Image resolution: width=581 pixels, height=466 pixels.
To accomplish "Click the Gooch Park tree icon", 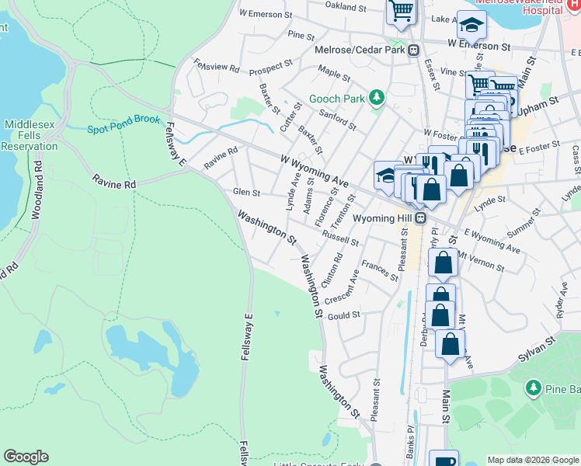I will pyautogui.click(x=377, y=98).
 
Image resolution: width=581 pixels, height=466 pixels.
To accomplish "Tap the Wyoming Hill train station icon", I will pyautogui.click(x=419, y=218).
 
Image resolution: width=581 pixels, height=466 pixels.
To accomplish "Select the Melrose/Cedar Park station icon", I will pyautogui.click(x=414, y=50).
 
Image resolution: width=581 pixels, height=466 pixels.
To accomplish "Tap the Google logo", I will pyautogui.click(x=26, y=457).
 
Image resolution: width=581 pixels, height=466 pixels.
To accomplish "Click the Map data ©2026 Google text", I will pyautogui.click(x=533, y=460).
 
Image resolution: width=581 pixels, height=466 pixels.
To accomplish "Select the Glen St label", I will pyautogui.click(x=246, y=192).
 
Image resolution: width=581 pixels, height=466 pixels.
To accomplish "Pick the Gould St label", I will pyautogui.click(x=344, y=315).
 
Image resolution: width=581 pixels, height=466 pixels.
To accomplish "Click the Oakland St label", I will pyautogui.click(x=346, y=7).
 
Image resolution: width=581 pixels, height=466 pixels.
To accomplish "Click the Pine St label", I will pyautogui.click(x=301, y=36).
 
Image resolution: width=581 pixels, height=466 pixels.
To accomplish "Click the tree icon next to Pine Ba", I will pyautogui.click(x=533, y=387).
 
